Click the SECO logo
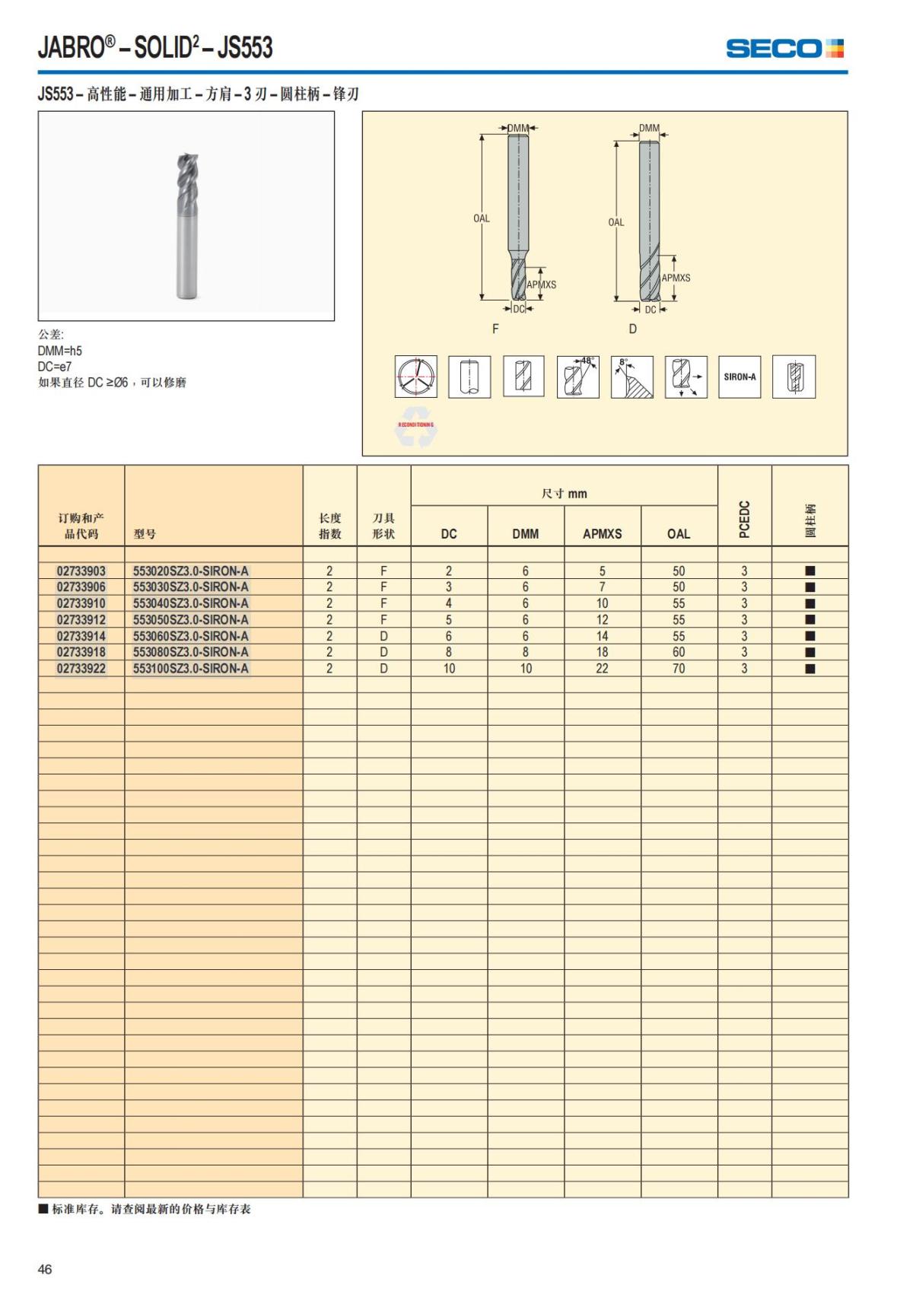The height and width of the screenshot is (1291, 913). pos(784,49)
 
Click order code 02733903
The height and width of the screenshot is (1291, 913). pos(81,571)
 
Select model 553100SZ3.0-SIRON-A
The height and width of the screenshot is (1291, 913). pos(191,669)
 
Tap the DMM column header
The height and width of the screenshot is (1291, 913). pos(525,534)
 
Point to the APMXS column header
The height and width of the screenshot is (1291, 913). pos(602,534)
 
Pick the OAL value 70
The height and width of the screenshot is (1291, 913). pos(679,669)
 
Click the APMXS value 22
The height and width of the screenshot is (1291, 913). pos(602,669)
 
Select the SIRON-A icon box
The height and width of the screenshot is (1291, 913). pos(740,377)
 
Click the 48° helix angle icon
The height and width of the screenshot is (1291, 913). pos(577,377)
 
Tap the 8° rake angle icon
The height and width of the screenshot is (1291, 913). pos(631,377)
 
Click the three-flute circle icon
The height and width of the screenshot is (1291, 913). pos(415,377)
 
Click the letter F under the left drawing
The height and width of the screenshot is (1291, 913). pos(495,329)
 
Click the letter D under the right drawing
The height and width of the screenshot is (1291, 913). pos(632,329)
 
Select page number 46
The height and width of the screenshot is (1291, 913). pos(45,1269)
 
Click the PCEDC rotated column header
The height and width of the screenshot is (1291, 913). pos(745,519)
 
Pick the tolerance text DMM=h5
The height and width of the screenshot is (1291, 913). pos(60,351)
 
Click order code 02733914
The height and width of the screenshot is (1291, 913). pos(81,636)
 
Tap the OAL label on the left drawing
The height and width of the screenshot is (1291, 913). pos(482,218)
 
